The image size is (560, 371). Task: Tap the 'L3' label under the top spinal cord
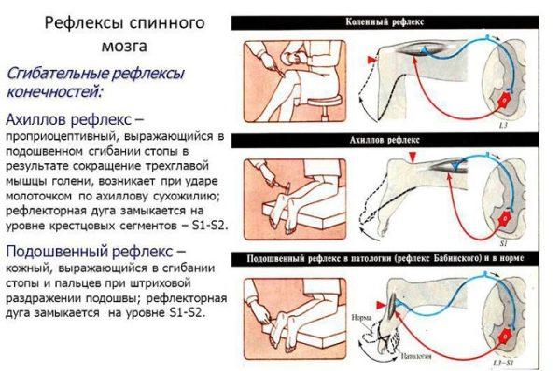click(502, 123)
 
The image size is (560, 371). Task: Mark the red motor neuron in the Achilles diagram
click(506, 218)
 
